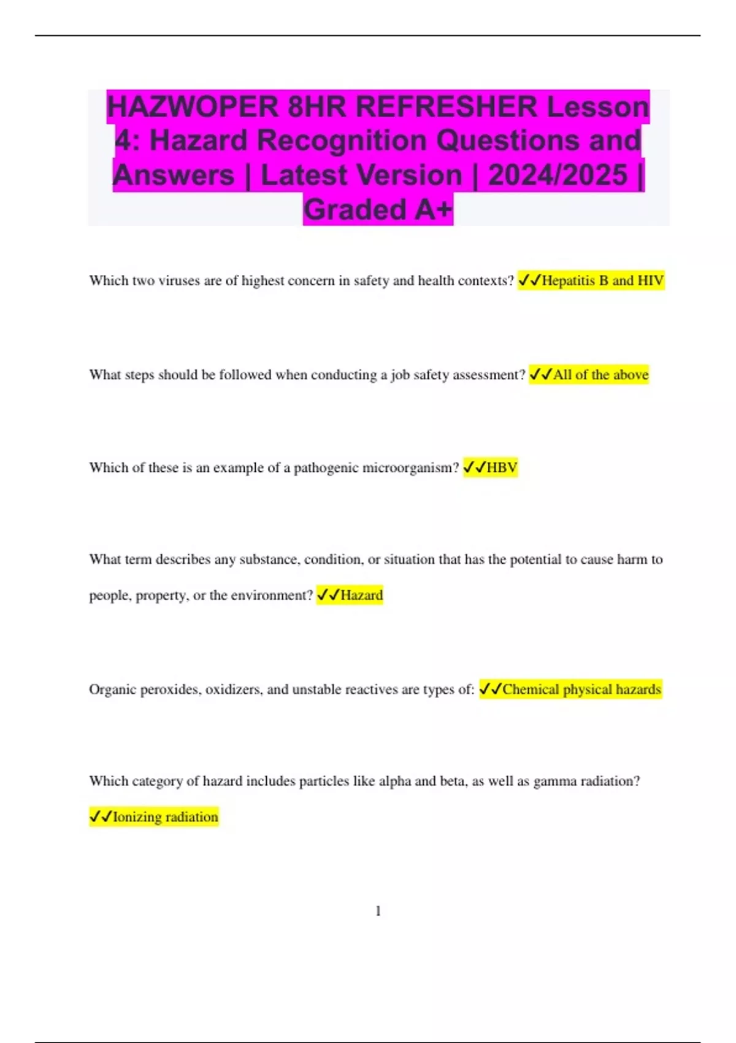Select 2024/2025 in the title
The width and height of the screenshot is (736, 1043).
(558, 175)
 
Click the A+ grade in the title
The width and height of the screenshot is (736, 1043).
(434, 209)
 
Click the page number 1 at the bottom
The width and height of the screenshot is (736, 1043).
(378, 911)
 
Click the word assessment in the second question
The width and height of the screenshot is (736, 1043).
(486, 374)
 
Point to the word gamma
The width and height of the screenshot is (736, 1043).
(552, 781)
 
